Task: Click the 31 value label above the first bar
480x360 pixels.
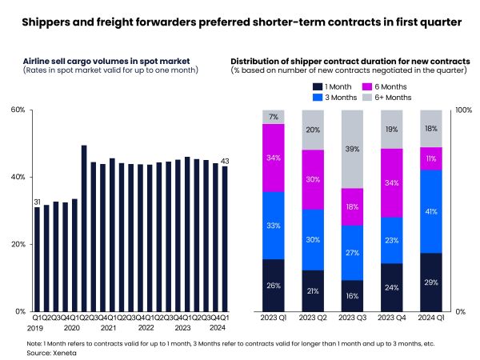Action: pyautogui.click(x=37, y=201)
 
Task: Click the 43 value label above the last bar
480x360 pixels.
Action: pyautogui.click(x=225, y=161)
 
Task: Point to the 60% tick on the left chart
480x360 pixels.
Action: pyautogui.click(x=18, y=110)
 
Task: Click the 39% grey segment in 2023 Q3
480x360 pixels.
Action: pyautogui.click(x=352, y=149)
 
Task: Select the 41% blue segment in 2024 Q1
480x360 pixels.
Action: pyautogui.click(x=430, y=211)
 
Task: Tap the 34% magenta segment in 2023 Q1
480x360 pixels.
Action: pyautogui.click(x=274, y=158)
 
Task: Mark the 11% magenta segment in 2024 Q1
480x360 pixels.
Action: pyautogui.click(x=430, y=158)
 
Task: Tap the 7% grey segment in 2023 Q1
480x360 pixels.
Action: pyautogui.click(x=274, y=117)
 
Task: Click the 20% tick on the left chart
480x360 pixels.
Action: pyautogui.click(x=18, y=244)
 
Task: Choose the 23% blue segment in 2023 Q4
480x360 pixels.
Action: pyautogui.click(x=391, y=240)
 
